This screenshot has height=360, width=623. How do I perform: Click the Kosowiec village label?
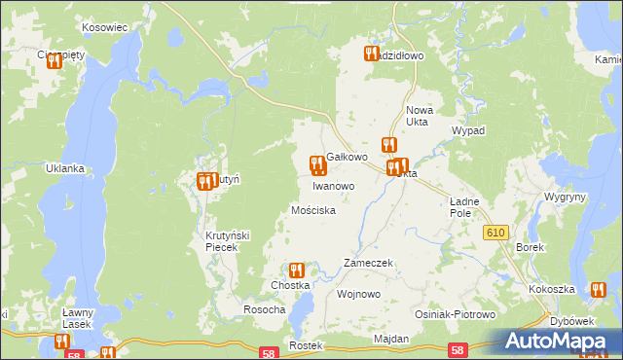tap(106, 27)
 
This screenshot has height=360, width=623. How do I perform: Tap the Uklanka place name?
tap(65, 168)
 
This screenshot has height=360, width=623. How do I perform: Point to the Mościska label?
tap(313, 210)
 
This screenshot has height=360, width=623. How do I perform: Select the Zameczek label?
tap(368, 264)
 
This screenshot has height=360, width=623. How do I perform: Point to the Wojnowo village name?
tap(356, 293)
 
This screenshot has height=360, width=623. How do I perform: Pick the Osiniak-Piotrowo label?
tap(456, 315)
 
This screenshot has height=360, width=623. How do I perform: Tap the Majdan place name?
tap(390, 339)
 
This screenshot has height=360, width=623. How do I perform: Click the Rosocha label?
tap(264, 309)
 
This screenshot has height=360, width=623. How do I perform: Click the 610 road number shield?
tap(496, 231)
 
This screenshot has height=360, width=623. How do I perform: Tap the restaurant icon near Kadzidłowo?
tap(371, 54)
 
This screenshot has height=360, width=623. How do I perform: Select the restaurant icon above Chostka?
tap(296, 270)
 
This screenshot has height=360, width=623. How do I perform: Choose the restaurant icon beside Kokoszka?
tap(597, 288)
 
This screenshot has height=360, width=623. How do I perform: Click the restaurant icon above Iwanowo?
tap(315, 164)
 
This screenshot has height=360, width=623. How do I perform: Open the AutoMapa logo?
tap(561, 341)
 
